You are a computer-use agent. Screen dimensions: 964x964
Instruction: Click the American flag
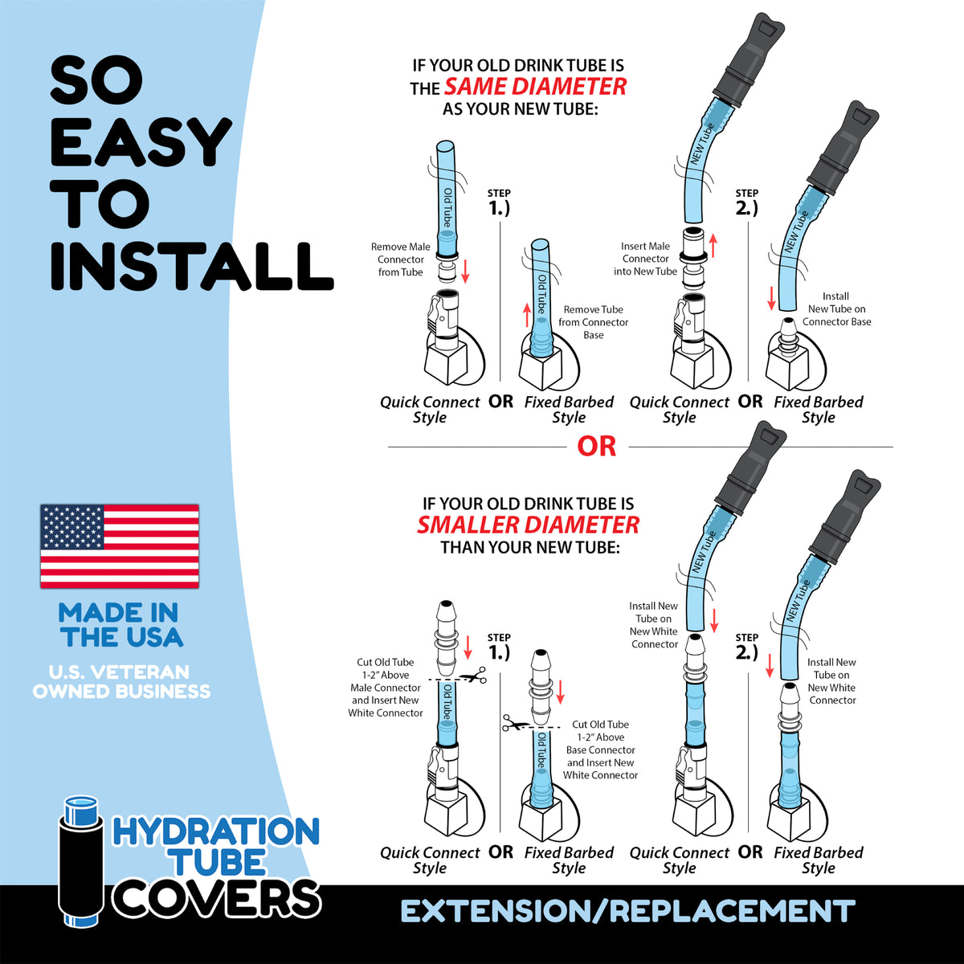tap(120, 546)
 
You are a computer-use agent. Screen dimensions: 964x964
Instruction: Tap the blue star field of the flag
tap(72, 528)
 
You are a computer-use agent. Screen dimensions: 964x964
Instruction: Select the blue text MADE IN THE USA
tap(120, 625)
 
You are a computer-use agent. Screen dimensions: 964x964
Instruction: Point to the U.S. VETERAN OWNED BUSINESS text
tap(121, 681)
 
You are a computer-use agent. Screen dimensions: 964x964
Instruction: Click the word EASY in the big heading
tap(141, 143)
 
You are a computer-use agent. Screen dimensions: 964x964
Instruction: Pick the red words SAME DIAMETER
tap(535, 87)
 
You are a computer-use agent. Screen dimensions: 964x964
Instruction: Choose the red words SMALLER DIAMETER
tap(528, 525)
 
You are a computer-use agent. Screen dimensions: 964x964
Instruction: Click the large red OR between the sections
tap(596, 447)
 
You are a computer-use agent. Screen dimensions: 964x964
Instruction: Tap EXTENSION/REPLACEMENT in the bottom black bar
tap(627, 912)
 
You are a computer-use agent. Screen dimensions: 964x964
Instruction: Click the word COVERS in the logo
tap(217, 897)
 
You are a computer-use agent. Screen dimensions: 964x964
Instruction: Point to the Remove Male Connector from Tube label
tap(400, 259)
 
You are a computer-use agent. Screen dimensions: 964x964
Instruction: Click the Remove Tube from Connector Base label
tap(593, 322)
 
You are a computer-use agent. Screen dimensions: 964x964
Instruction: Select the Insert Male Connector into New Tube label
tap(645, 259)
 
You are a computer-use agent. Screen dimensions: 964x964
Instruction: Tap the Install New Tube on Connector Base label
tap(836, 309)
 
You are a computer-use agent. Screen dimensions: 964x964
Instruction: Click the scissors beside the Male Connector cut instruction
tap(475, 677)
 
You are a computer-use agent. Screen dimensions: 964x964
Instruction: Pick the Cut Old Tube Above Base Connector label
tap(600, 750)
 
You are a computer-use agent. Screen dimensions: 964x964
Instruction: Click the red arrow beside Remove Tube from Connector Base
tap(527, 315)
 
